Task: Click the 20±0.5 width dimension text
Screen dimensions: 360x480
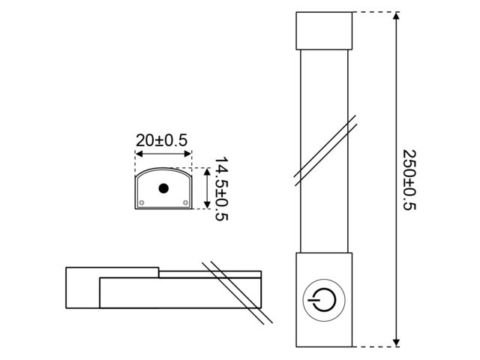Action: (161, 140)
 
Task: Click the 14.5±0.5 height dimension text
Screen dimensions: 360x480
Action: (221, 189)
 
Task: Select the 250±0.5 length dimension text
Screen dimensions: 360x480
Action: (409, 179)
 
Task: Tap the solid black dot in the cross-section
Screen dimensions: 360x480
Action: (163, 189)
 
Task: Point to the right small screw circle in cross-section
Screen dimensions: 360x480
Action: (185, 202)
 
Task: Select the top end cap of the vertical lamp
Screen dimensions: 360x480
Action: (324, 30)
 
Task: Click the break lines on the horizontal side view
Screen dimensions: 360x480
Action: (235, 292)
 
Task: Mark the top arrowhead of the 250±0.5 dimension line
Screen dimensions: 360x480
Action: (395, 16)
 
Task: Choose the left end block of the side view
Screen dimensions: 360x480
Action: (82, 288)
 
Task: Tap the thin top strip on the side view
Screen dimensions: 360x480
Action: (210, 274)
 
